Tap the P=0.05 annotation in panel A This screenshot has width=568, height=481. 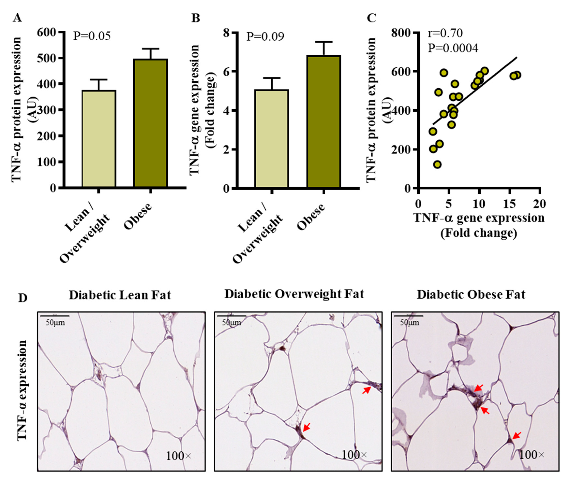tap(92, 36)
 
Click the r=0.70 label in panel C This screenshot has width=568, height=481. tap(445, 33)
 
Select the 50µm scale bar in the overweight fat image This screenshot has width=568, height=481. tap(232, 316)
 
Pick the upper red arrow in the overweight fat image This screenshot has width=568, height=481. tap(366, 390)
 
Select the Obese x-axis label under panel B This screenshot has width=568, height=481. tap(311, 217)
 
